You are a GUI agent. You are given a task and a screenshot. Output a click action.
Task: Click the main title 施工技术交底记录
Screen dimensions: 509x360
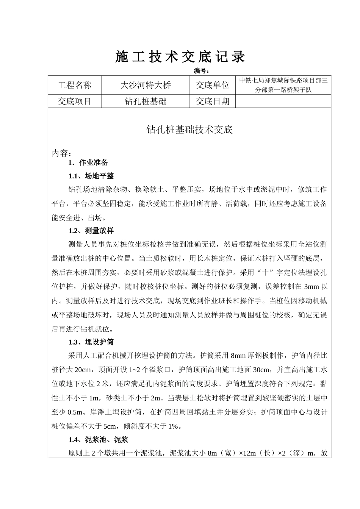pyautogui.click(x=180, y=57)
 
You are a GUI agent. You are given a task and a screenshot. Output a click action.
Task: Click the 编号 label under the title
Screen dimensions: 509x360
pyautogui.click(x=202, y=71)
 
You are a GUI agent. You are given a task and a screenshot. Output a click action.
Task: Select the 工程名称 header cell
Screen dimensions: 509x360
pyautogui.click(x=75, y=85)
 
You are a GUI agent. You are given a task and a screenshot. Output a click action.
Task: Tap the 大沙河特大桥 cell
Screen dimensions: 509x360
pyautogui.click(x=145, y=85)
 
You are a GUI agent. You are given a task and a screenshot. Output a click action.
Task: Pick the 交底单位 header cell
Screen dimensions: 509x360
pyautogui.click(x=213, y=85)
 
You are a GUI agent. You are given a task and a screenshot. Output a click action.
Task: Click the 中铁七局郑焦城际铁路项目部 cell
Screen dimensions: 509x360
pyautogui.click(x=283, y=85)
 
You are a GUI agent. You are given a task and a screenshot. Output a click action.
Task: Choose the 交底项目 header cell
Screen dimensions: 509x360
pyautogui.click(x=75, y=101)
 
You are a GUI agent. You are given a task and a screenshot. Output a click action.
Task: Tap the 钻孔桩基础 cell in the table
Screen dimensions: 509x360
pyautogui.click(x=145, y=101)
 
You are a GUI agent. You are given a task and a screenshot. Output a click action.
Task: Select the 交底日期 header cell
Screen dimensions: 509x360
pyautogui.click(x=213, y=101)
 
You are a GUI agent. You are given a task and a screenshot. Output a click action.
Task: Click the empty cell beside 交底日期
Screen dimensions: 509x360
pyautogui.click(x=283, y=101)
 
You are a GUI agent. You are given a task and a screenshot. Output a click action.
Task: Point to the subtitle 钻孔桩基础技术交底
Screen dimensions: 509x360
pyautogui.click(x=189, y=130)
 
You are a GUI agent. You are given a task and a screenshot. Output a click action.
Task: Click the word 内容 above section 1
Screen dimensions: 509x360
pyautogui.click(x=61, y=153)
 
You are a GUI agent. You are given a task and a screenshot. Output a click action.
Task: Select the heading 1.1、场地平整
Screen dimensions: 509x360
pyautogui.click(x=91, y=176)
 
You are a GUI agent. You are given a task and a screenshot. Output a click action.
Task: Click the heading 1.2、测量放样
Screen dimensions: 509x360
pyautogui.click(x=91, y=231)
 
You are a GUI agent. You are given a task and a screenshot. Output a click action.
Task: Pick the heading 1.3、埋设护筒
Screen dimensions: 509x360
pyautogui.click(x=91, y=342)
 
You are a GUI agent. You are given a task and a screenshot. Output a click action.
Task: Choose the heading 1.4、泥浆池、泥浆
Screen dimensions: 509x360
pyautogui.click(x=98, y=440)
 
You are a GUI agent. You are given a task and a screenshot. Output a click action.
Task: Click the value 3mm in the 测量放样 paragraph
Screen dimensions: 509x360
pyautogui.click(x=312, y=287)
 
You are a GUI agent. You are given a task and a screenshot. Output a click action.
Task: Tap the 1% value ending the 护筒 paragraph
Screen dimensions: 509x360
pyautogui.click(x=173, y=426)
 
